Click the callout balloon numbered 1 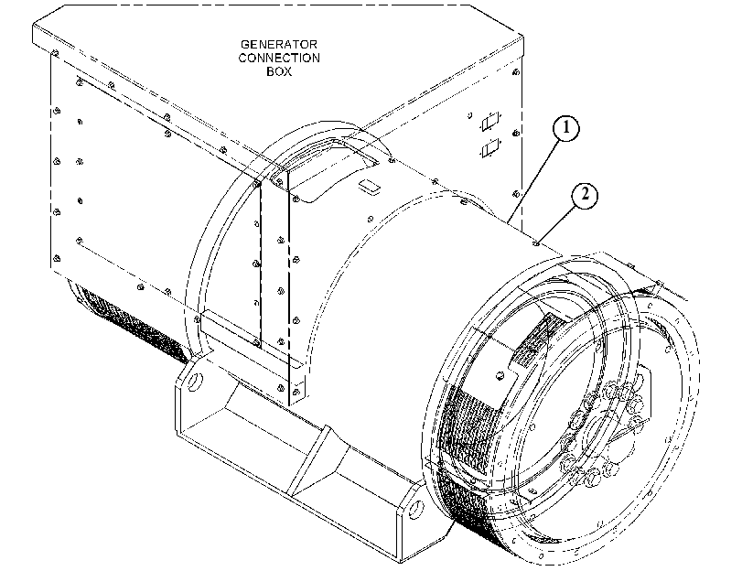[x=565, y=128]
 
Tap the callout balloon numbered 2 [x=585, y=195]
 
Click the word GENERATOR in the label [x=279, y=45]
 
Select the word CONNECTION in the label [x=279, y=58]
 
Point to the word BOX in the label [x=279, y=71]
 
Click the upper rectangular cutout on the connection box [x=490, y=122]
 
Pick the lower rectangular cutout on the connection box [x=490, y=148]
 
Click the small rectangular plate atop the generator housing [x=369, y=186]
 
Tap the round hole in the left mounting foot [x=195, y=381]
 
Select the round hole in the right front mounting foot [x=416, y=509]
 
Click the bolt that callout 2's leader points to [x=535, y=243]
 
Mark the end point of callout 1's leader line [x=508, y=222]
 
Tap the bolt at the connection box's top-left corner [x=56, y=52]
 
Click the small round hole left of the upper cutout [x=470, y=115]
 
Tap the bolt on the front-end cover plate [x=499, y=376]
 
